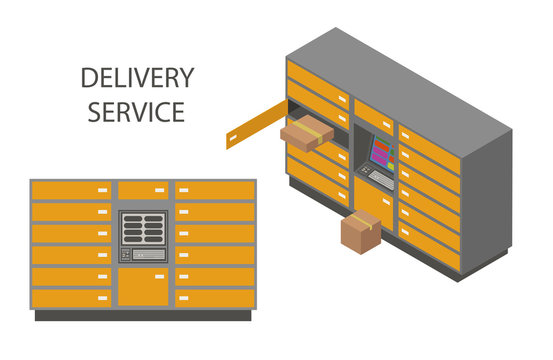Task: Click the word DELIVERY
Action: (x=136, y=78)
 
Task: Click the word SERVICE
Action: (x=136, y=111)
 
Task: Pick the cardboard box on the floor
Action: (x=360, y=232)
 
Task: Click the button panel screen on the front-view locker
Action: (x=144, y=229)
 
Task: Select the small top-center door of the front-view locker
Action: (x=144, y=190)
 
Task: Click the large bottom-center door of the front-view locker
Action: (x=144, y=285)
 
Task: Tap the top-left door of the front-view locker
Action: (x=71, y=190)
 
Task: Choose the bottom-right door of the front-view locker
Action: (x=215, y=297)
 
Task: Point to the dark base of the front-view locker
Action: (x=144, y=314)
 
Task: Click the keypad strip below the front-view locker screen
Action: (x=144, y=254)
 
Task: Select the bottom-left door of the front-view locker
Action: (x=71, y=297)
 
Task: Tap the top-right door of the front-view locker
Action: (x=215, y=190)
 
